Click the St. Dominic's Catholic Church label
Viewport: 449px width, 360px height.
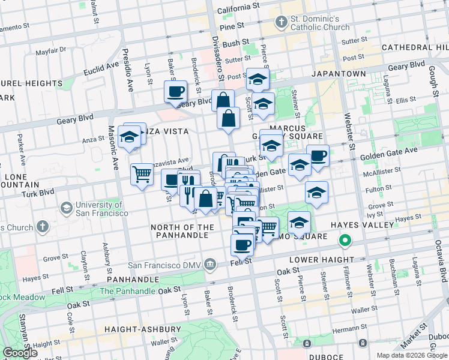point(320,23)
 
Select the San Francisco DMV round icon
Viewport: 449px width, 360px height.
point(210,264)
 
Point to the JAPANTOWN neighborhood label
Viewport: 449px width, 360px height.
point(338,73)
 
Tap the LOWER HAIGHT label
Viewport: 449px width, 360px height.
point(322,260)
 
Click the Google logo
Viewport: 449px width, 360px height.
point(20,353)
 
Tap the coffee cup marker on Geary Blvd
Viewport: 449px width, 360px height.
point(176,92)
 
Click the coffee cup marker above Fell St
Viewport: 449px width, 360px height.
point(243,245)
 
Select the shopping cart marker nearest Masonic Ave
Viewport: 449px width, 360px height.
point(142,175)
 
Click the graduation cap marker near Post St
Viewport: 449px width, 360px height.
point(258,79)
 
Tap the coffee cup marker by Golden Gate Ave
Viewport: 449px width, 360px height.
point(318,156)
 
